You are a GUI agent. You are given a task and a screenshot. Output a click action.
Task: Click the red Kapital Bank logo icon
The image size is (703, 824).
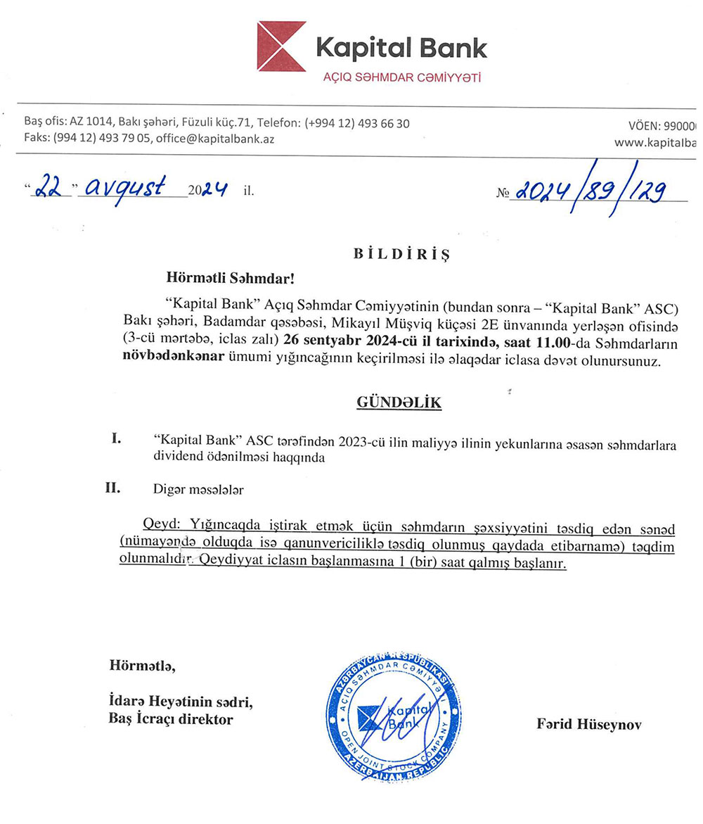281,46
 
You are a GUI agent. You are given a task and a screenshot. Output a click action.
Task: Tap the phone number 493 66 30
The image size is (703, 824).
383,123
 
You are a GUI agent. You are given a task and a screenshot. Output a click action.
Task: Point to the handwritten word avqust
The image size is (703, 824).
127,186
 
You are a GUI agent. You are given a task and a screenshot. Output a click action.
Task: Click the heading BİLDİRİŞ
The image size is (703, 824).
401,254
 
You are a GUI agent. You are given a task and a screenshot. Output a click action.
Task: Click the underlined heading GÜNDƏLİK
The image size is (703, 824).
399,403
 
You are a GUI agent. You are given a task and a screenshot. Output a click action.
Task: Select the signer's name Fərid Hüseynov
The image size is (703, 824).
589,724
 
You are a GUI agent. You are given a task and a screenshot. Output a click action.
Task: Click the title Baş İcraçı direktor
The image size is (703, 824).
171,719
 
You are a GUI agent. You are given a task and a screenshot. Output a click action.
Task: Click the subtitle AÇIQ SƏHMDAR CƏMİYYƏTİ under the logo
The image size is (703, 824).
401,77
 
